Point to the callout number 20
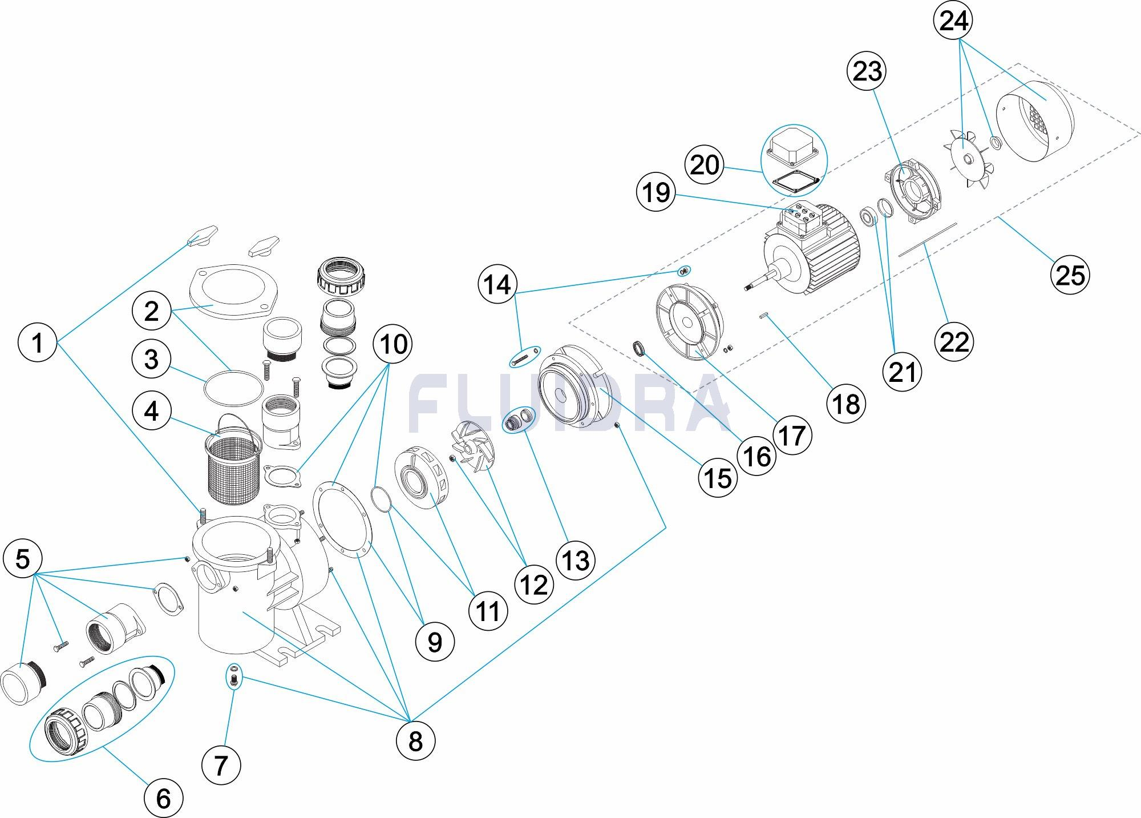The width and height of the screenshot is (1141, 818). [x=705, y=166]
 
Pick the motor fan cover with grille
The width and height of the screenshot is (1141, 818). [x=1034, y=122]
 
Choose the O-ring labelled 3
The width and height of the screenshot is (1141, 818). [x=234, y=388]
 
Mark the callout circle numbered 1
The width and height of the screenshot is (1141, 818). [x=38, y=344]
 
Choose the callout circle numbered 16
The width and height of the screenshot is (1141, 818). [x=757, y=457]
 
